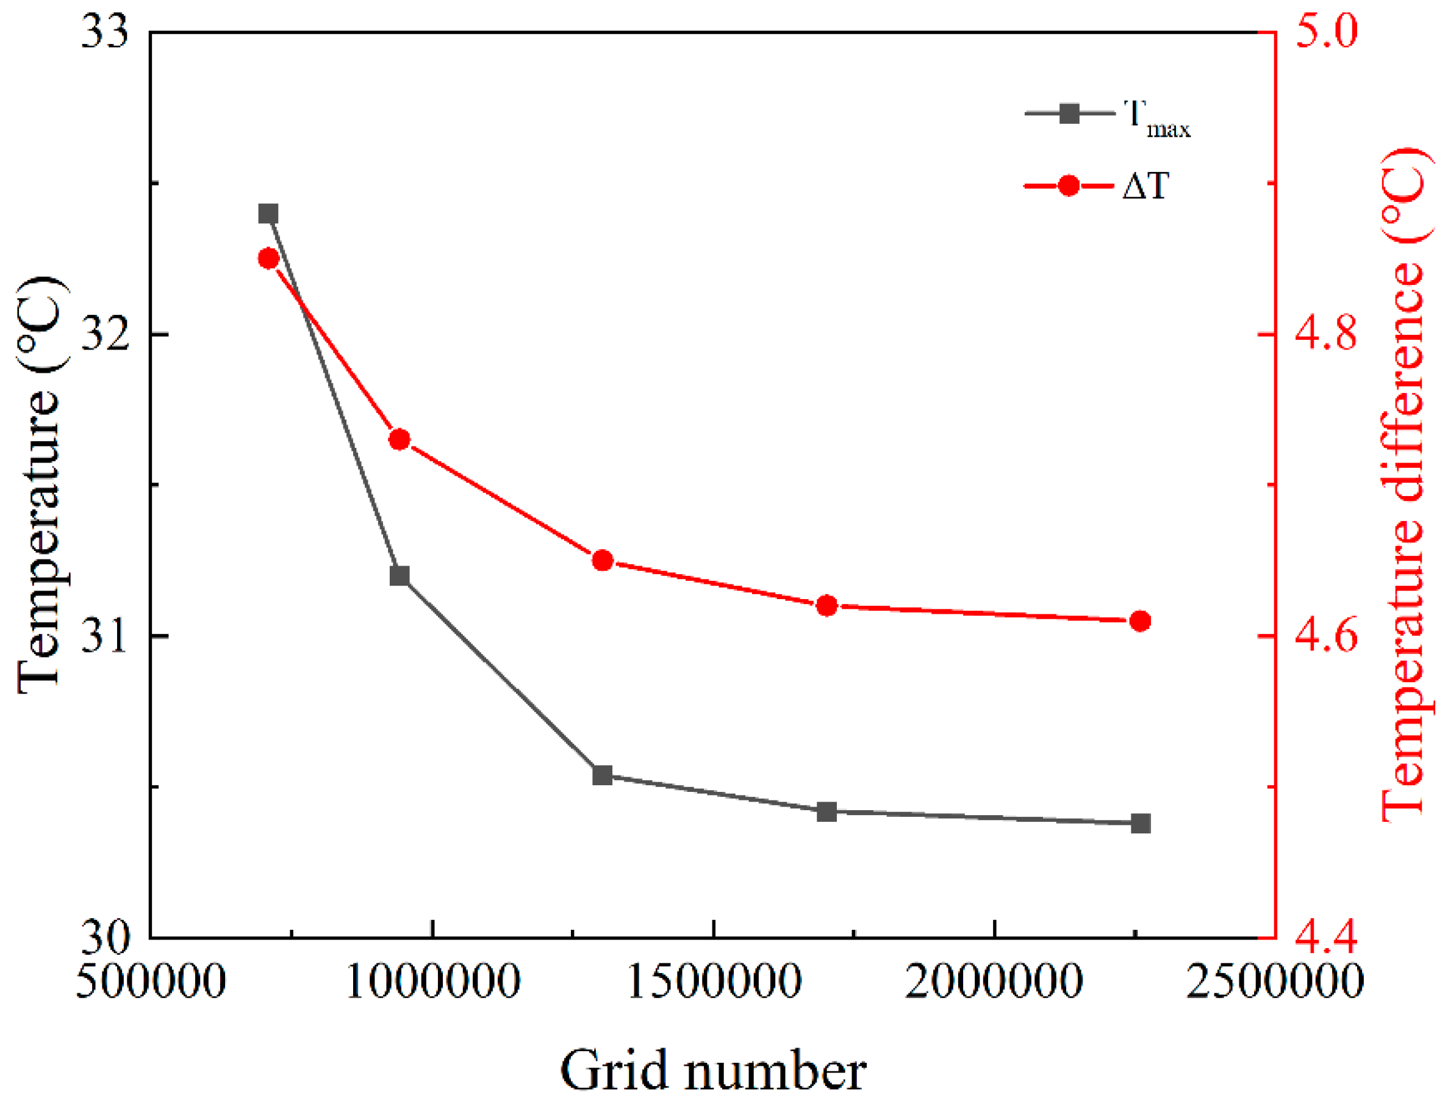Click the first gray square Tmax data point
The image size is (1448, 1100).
[x=268, y=214]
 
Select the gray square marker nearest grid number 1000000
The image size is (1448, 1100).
[x=400, y=575]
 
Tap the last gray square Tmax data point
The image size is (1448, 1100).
[x=1141, y=823]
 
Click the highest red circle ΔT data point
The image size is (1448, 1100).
[x=268, y=259]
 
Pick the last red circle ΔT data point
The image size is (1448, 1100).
[x=1141, y=620]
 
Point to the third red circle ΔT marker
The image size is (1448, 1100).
[x=602, y=561]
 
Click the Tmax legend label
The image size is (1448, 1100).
[x=1156, y=118]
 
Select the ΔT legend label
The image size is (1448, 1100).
[x=1145, y=187]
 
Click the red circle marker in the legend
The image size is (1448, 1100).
[x=1069, y=186]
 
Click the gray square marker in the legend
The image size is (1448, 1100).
[x=1069, y=114]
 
